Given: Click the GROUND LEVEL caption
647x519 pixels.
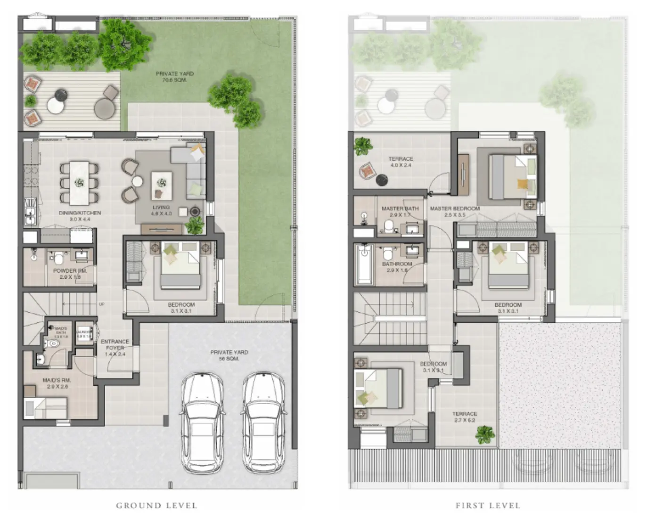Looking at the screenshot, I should click(156, 506).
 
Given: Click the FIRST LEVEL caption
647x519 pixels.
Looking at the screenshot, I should click(488, 506).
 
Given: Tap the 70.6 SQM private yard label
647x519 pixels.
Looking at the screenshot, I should click(174, 77).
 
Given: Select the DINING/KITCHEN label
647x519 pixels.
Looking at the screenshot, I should click(80, 216).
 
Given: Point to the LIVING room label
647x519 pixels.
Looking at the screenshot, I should click(161, 210).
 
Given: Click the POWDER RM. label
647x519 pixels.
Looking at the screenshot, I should click(71, 274).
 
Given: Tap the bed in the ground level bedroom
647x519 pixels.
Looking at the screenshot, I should click(180, 265).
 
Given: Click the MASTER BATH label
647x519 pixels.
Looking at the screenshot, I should click(400, 211).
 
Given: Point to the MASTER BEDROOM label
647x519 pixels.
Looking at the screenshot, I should click(454, 211).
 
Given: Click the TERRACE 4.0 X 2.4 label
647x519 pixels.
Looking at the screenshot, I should click(401, 162).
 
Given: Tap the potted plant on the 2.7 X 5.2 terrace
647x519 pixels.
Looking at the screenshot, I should click(485, 434).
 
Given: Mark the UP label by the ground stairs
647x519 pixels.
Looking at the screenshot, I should click(102, 304).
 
